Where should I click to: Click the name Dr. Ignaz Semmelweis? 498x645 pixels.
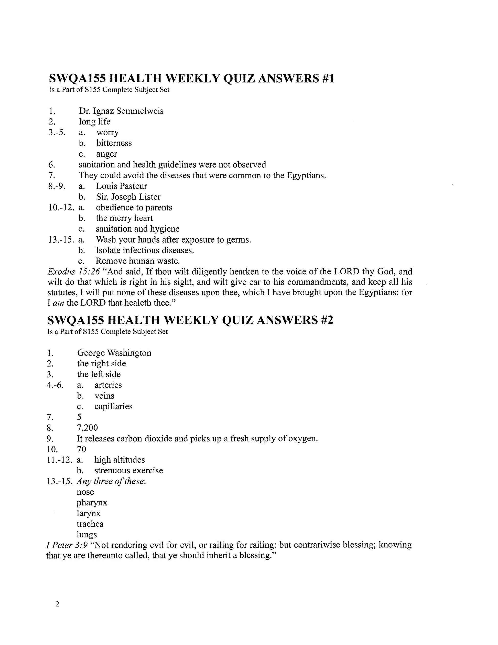[121, 111]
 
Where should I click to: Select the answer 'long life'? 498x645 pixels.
[94, 122]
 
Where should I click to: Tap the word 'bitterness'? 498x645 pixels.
[114, 143]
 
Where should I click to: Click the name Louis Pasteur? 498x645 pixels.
[121, 186]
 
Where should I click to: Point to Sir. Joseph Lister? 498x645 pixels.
[128, 197]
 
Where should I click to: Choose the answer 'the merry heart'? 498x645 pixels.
[124, 218]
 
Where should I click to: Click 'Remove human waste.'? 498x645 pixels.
[137, 261]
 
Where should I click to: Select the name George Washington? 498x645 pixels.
[114, 353]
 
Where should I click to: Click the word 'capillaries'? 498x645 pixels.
[113, 406]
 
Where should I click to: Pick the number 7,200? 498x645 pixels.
[87, 428]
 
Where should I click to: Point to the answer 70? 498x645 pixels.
[81, 449]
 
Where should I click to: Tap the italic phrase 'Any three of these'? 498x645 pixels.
[111, 481]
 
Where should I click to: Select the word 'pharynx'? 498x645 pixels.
[92, 503]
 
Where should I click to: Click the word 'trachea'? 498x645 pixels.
[90, 524]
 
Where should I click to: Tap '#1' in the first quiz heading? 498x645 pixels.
[327, 79]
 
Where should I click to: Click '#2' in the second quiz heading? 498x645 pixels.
[326, 320]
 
